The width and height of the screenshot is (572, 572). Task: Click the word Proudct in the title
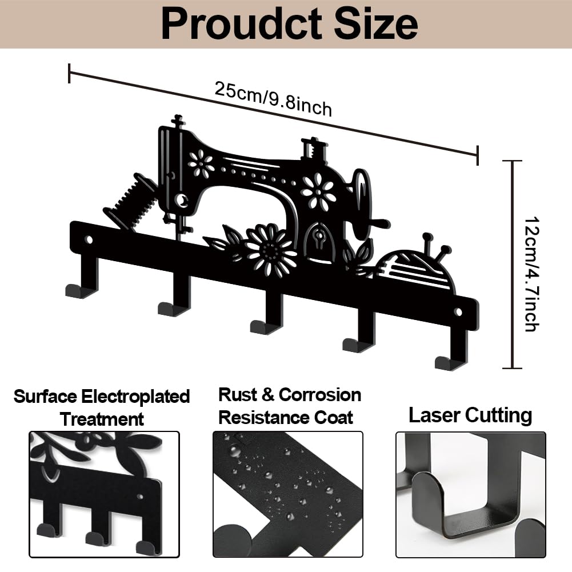point(242,24)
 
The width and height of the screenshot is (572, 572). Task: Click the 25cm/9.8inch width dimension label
point(273,99)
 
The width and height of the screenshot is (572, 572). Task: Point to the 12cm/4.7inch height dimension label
point(531,274)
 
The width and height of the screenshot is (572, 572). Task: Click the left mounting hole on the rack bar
point(89,240)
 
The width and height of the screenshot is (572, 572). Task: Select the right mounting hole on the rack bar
point(458,312)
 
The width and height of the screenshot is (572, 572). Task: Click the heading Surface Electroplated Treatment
point(102,407)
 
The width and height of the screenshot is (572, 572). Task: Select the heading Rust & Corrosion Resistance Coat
point(289,406)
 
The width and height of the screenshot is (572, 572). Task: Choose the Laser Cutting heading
point(470,415)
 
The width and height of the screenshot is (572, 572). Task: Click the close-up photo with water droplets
point(288,494)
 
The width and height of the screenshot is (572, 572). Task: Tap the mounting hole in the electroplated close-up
point(140,497)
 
